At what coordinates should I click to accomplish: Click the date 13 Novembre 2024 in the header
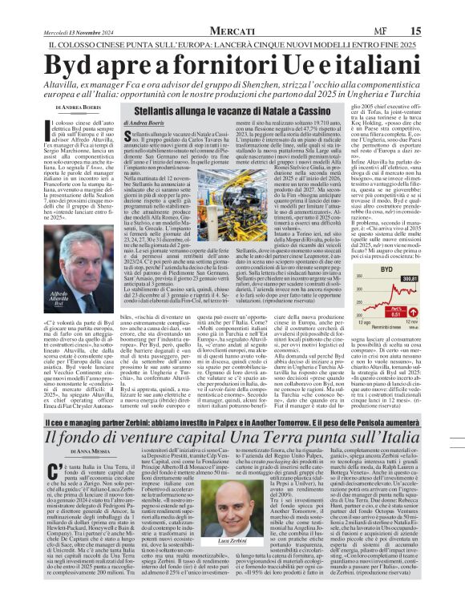point(88,9)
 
